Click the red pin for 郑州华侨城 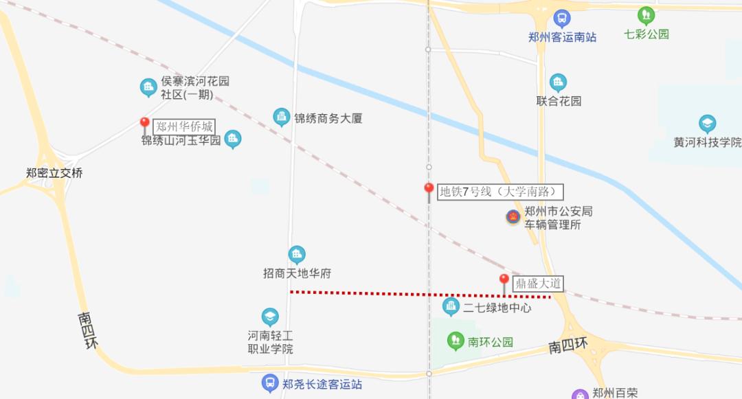click(x=144, y=124)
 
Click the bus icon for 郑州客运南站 click(x=562, y=19)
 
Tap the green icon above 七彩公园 click(x=646, y=15)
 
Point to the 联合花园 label click(x=559, y=101)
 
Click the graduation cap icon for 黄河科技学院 click(x=708, y=124)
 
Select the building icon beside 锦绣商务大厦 click(x=282, y=117)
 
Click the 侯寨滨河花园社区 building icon click(x=148, y=87)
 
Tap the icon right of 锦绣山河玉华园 click(x=234, y=139)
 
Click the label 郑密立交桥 click(x=54, y=173)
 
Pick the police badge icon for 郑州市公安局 click(x=513, y=218)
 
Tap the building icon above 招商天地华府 click(x=297, y=255)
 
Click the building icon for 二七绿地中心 click(x=451, y=307)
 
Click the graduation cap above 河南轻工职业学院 click(x=270, y=317)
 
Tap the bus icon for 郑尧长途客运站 click(x=271, y=383)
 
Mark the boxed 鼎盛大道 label click(x=538, y=283)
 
